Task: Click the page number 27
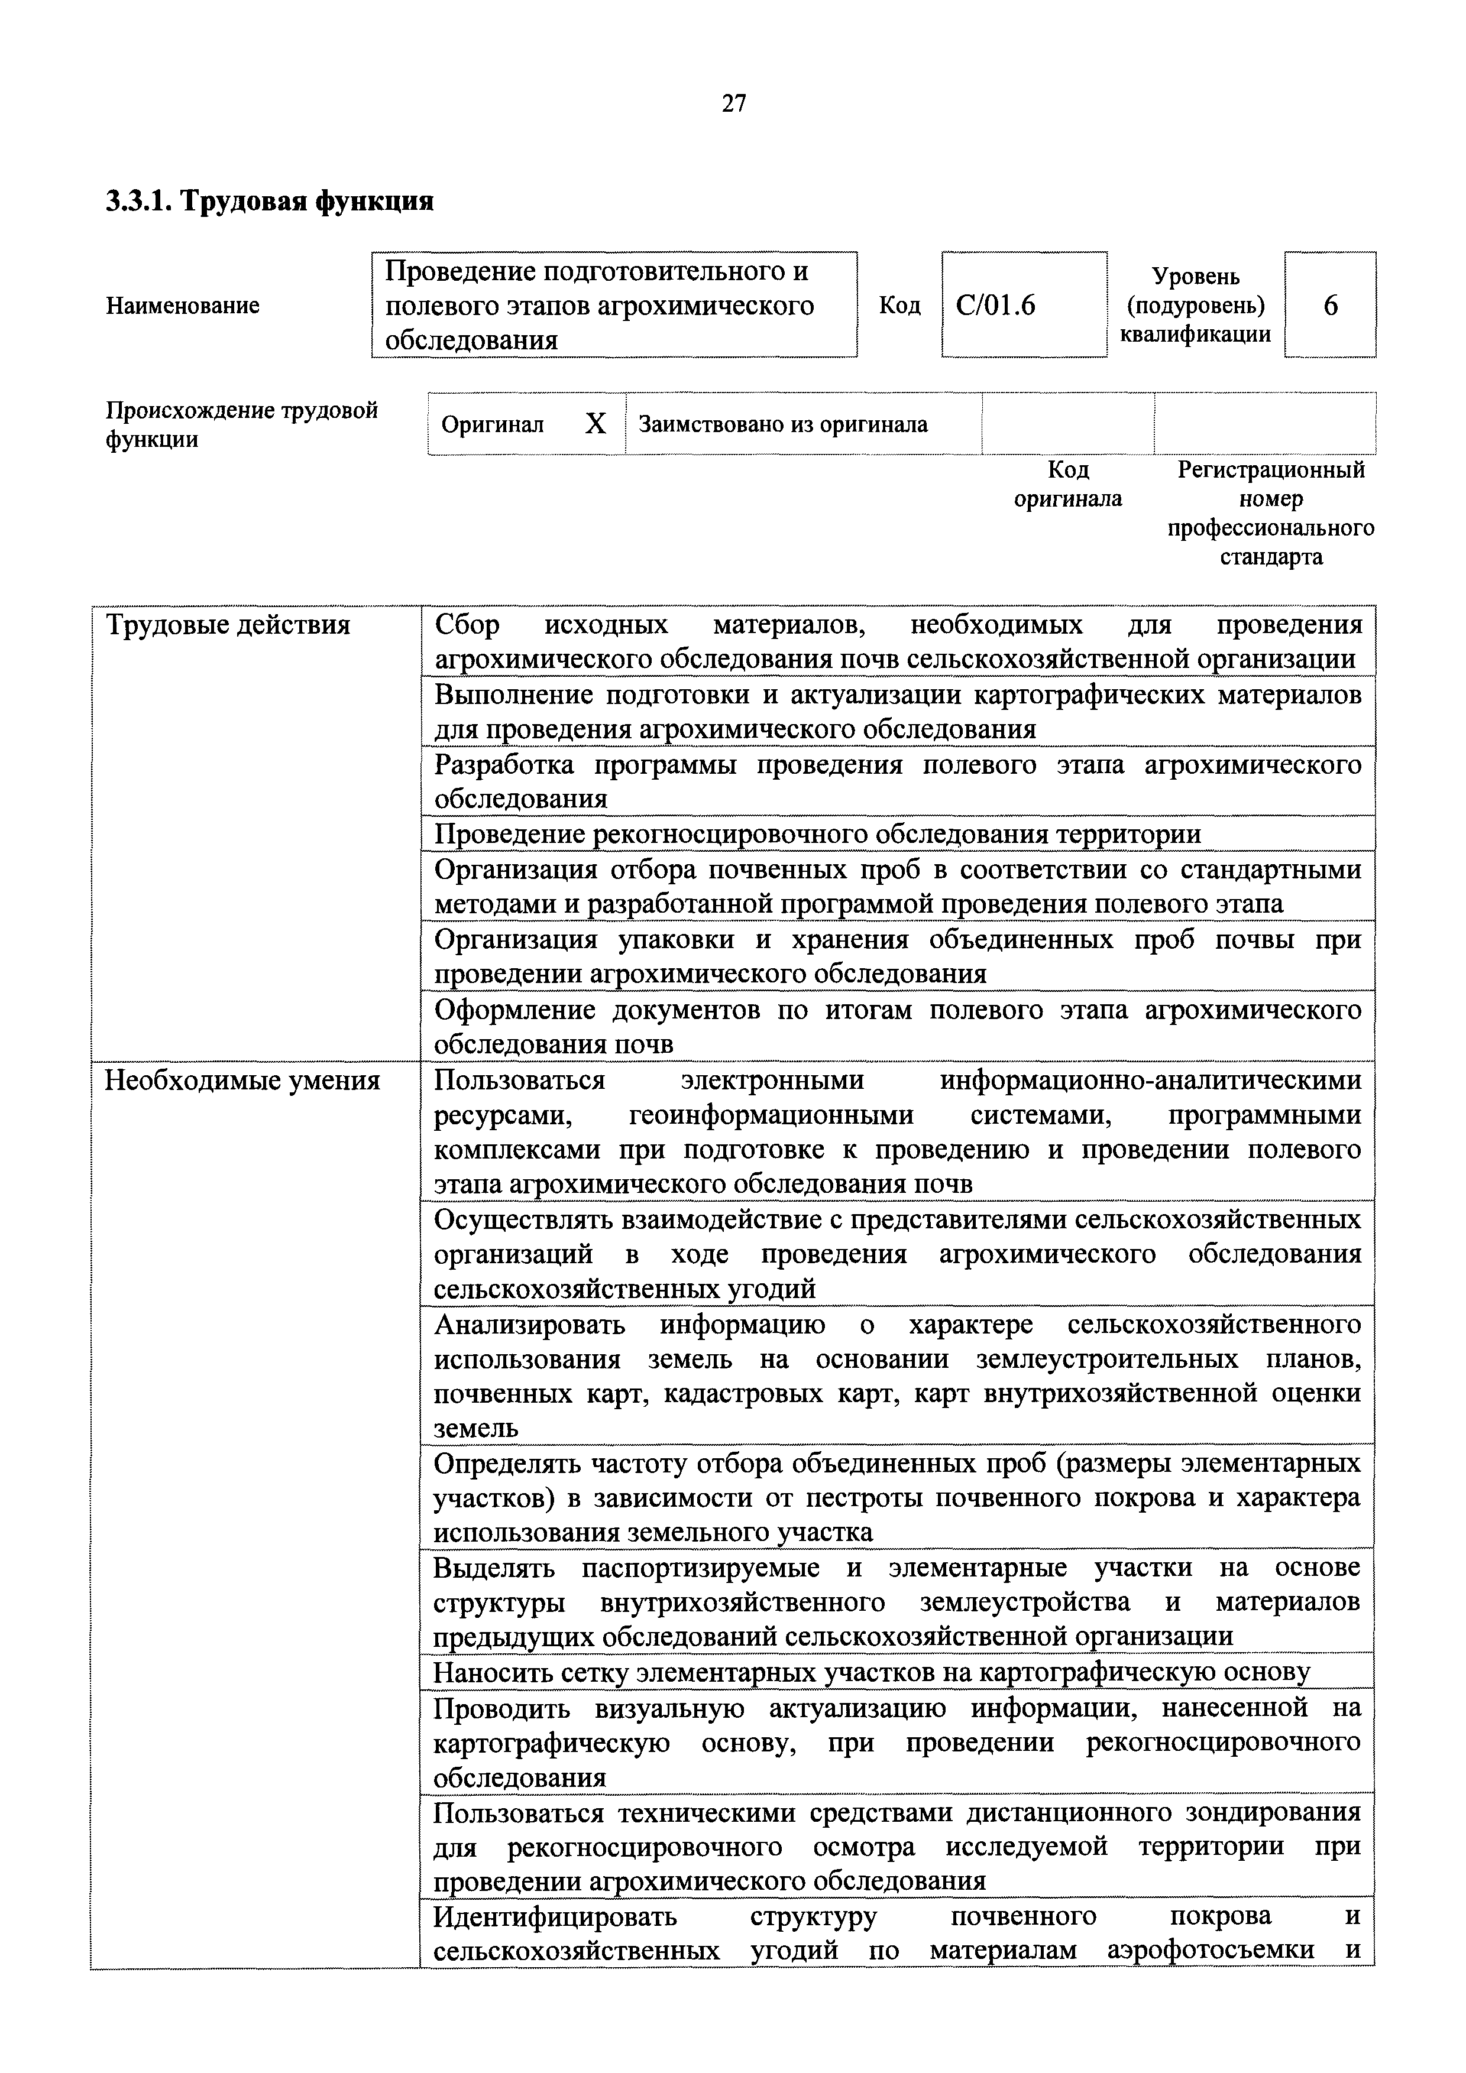[733, 104]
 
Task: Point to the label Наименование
[183, 306]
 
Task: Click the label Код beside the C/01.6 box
[899, 306]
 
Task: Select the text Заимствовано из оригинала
[783, 424]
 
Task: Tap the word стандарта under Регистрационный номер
[1271, 557]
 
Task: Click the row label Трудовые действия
[228, 625]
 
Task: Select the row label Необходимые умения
[242, 1081]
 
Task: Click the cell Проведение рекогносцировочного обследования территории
[817, 833]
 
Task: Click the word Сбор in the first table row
[467, 625]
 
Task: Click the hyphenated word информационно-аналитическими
[1150, 1081]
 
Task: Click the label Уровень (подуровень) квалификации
[1195, 306]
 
